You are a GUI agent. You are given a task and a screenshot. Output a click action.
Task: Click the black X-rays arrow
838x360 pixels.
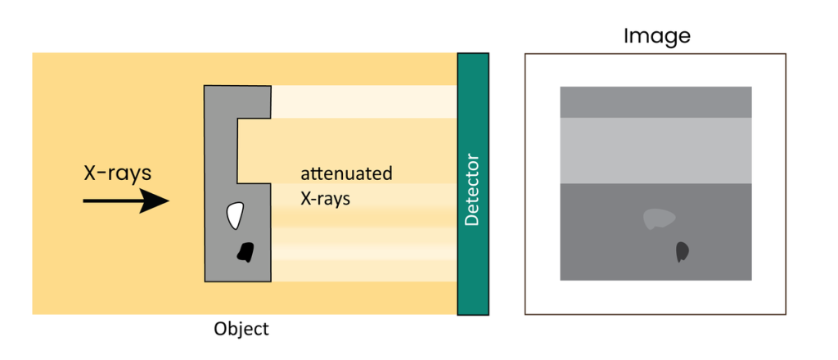(x=123, y=200)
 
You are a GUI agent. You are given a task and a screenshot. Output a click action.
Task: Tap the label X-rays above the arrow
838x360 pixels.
(x=117, y=173)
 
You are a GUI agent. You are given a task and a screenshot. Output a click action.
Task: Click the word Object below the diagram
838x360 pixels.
(x=241, y=329)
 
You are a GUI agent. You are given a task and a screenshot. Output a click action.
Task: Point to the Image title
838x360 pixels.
(x=656, y=36)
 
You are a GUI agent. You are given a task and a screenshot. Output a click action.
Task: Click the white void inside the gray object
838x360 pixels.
(x=235, y=215)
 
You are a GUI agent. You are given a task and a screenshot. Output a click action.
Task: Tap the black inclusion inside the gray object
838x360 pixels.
(x=244, y=253)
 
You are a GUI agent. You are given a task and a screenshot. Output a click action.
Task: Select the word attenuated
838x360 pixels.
(x=346, y=174)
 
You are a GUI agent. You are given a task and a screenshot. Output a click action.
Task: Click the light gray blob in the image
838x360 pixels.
(x=660, y=218)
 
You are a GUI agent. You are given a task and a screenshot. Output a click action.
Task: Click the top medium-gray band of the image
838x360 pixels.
(x=655, y=102)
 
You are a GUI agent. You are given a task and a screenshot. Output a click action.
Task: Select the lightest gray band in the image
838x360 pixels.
(x=655, y=149)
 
